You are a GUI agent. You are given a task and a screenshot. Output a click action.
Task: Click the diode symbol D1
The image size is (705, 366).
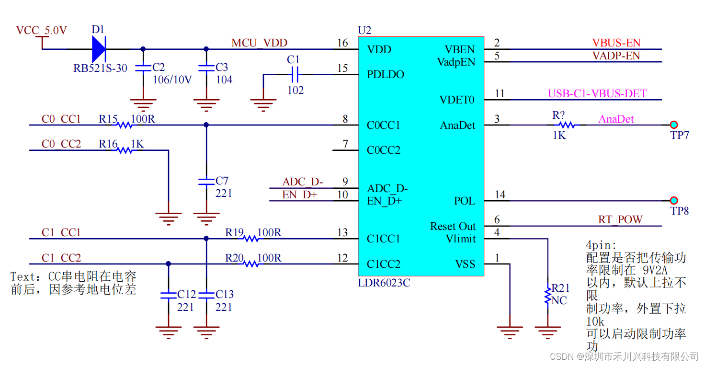(99, 49)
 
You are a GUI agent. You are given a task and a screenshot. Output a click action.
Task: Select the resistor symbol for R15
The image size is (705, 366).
(125, 125)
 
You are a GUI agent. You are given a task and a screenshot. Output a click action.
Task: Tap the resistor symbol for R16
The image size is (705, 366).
(125, 150)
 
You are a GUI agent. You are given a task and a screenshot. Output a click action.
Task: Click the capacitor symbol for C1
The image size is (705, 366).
(295, 74)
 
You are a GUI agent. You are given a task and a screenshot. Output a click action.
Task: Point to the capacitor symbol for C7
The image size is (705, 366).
(206, 181)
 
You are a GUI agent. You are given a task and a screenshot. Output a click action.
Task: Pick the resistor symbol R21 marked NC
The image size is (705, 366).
(547, 296)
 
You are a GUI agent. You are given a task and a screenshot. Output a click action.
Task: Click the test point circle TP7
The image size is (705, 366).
(674, 125)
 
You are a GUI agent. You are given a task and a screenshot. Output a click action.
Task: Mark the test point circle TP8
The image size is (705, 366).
(674, 200)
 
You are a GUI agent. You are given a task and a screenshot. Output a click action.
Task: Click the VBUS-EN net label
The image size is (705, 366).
(616, 43)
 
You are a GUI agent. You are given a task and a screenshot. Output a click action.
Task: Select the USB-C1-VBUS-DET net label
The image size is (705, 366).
(597, 93)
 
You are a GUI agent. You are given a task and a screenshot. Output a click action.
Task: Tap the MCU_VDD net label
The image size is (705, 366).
(259, 43)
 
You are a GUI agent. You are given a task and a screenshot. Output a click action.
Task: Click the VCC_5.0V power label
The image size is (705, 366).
(41, 31)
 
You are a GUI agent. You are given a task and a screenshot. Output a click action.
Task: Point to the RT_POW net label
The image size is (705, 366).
(620, 220)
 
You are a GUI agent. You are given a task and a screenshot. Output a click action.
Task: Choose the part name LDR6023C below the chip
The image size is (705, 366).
(384, 283)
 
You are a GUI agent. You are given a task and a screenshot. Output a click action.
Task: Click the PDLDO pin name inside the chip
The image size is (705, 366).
(386, 75)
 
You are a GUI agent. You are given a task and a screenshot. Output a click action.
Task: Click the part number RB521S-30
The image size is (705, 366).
(100, 68)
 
